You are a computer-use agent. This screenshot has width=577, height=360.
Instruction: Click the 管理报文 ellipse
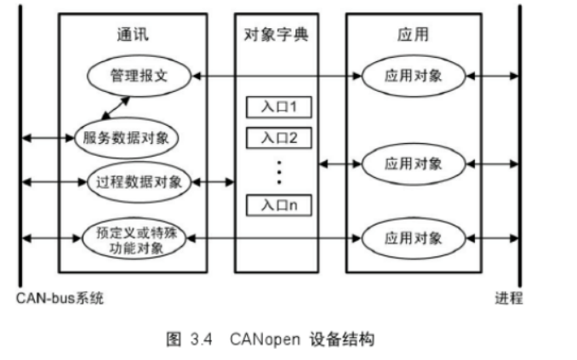(x=140, y=76)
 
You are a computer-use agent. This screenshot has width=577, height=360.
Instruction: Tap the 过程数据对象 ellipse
(x=140, y=181)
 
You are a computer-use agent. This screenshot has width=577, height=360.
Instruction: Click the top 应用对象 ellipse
(x=414, y=76)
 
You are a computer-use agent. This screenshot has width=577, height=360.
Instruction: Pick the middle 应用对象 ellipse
(x=414, y=163)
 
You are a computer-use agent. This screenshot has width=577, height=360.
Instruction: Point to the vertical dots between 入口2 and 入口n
(x=277, y=170)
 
